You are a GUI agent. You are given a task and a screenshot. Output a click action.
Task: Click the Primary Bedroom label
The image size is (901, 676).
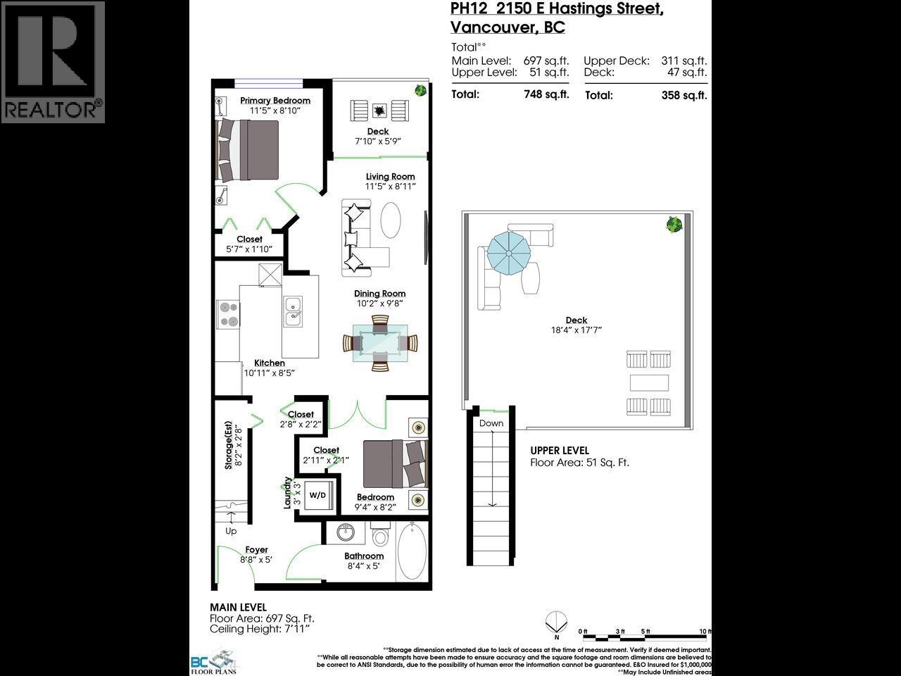275,101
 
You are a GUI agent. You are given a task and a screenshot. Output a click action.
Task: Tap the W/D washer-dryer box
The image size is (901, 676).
317,495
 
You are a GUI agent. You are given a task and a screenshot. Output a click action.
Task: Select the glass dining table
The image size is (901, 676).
380,343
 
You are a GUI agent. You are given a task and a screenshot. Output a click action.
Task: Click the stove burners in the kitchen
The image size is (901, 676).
229,314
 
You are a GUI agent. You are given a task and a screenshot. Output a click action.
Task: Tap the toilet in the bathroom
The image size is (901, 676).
381,537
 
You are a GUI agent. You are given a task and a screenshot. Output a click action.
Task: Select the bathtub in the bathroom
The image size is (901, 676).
410,551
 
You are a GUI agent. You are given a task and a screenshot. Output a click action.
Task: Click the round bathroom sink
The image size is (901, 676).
346,533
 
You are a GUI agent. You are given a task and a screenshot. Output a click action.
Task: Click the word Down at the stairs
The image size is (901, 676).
491,423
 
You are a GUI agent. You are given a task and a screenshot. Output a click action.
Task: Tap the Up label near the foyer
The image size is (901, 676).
231,531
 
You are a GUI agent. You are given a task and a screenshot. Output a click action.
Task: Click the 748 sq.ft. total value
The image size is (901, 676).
546,94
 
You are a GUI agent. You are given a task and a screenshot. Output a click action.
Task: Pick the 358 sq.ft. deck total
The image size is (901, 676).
683,95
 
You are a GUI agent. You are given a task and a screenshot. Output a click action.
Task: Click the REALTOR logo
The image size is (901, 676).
53,62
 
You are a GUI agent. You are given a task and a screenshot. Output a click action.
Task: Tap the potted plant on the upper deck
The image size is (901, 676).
674,225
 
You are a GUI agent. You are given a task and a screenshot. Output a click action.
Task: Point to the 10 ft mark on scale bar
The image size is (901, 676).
705,632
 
